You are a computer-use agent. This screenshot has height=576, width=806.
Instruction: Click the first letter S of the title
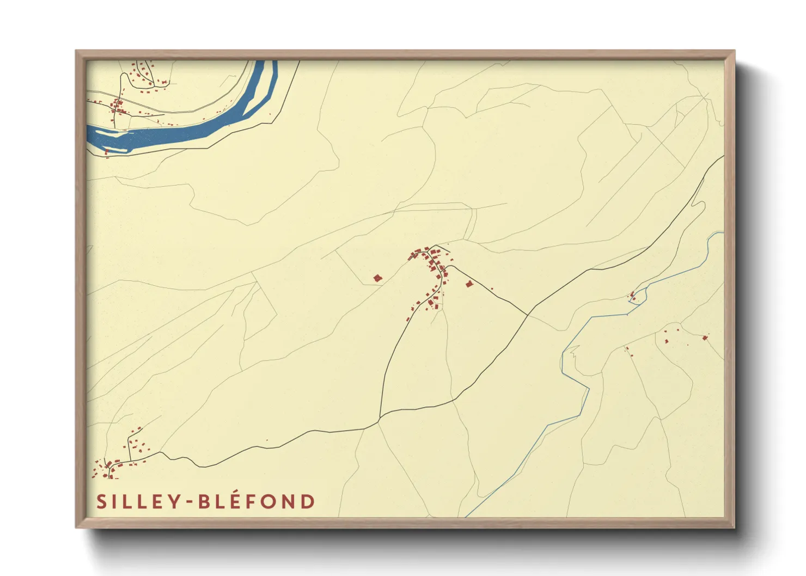click(101, 502)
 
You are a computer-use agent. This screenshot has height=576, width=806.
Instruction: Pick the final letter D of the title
click(309, 501)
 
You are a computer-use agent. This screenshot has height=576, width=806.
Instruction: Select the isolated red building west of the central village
click(377, 278)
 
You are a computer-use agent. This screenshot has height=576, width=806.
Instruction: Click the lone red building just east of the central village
click(469, 284)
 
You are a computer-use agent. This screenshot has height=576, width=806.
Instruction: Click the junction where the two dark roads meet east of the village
click(527, 315)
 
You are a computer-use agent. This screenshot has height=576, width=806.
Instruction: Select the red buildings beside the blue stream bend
click(633, 297)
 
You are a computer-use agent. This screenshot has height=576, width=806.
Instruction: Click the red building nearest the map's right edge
click(705, 338)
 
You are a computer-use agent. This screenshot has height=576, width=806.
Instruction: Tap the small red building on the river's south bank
click(107, 151)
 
